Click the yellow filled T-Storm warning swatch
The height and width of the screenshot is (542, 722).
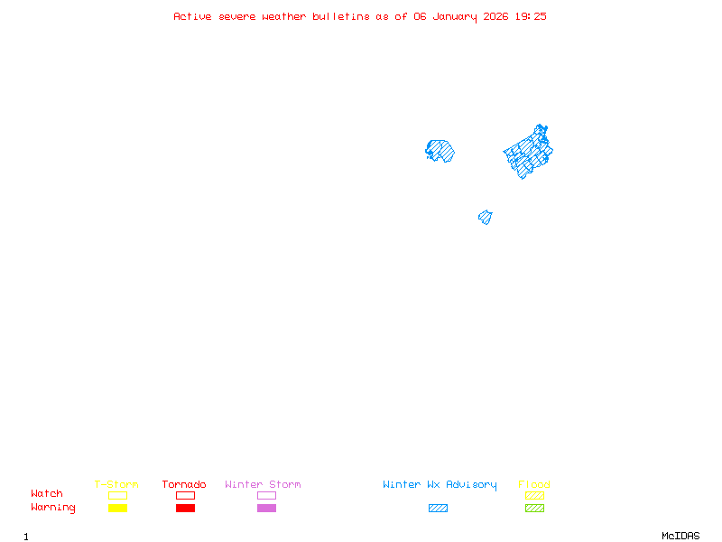[117, 509]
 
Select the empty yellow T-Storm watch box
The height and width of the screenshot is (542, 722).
[117, 495]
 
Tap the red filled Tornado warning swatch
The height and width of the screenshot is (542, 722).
[185, 509]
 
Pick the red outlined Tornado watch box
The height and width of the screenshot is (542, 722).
[185, 495]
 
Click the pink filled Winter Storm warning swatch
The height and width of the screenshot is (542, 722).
[266, 509]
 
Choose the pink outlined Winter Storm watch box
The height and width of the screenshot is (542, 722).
[266, 495]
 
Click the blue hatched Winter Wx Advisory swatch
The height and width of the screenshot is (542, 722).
[438, 509]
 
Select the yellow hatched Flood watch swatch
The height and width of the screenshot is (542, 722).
[534, 495]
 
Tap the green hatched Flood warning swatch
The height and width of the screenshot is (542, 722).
[534, 509]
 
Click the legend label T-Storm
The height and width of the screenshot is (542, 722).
[116, 484]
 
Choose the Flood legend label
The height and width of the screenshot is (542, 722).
[534, 484]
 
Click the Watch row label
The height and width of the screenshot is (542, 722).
[47, 494]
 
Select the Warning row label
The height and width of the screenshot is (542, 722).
[53, 508]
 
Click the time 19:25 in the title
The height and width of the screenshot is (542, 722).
[531, 16]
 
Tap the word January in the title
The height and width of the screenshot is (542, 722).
[455, 16]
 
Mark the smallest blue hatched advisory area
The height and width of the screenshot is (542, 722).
[486, 217]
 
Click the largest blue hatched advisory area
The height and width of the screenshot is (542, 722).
[529, 152]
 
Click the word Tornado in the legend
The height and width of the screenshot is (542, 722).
[184, 484]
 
